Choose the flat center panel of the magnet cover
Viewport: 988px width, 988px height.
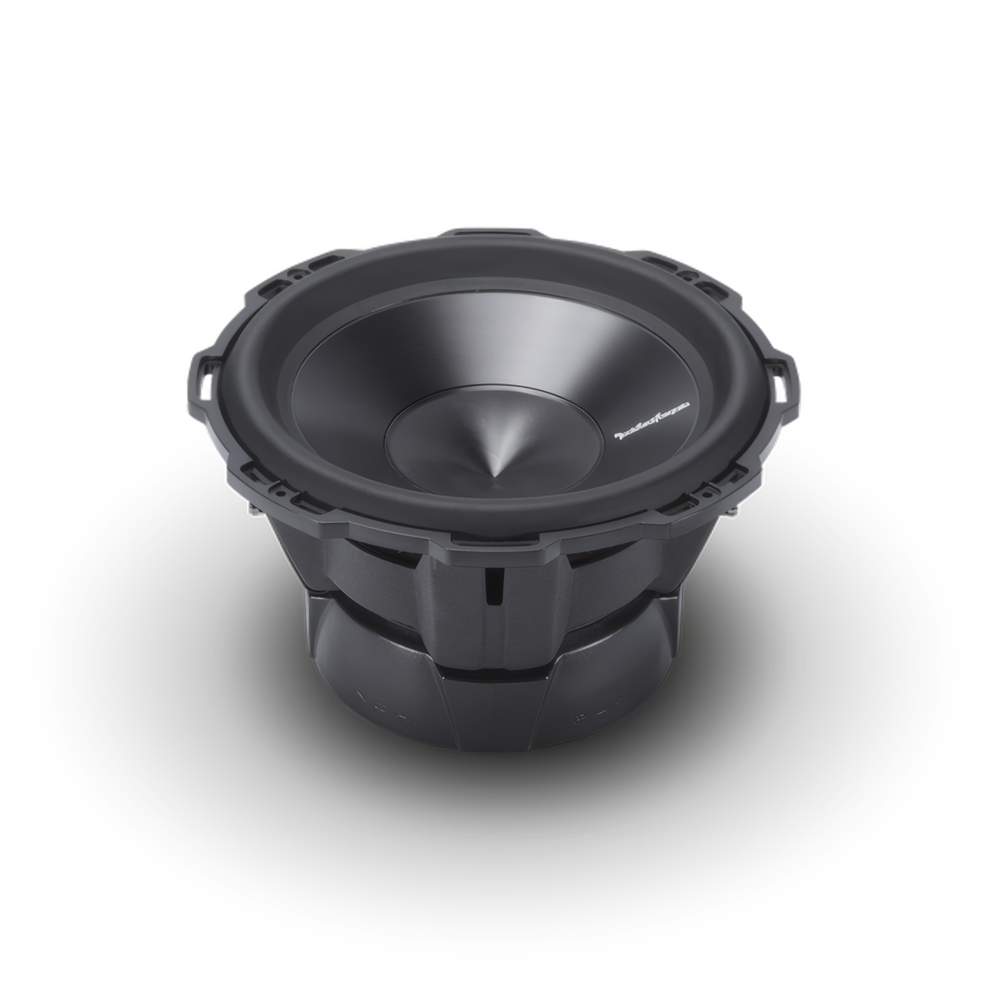pyautogui.click(x=495, y=711)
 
